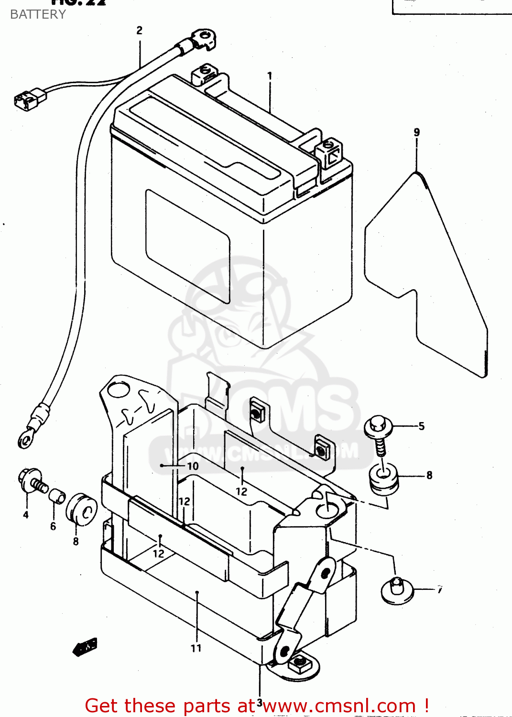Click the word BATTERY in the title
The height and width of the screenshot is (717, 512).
click(x=38, y=14)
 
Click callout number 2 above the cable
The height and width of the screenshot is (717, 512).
click(x=139, y=31)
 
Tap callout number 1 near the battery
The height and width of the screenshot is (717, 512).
click(x=270, y=76)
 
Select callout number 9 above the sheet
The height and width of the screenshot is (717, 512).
click(x=417, y=132)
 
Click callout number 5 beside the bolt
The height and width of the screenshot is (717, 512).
click(x=421, y=426)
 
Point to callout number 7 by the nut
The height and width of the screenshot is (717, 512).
click(x=439, y=590)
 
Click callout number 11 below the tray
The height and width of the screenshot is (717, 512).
click(x=196, y=648)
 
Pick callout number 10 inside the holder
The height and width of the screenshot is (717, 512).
click(x=193, y=466)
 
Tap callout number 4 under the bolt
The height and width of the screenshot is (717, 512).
click(x=26, y=515)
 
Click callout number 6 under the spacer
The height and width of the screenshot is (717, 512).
click(x=53, y=526)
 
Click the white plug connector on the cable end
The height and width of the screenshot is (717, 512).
click(x=30, y=98)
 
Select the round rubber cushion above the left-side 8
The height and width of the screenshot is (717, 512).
click(x=81, y=510)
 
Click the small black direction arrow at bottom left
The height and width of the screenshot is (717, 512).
click(x=85, y=646)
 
